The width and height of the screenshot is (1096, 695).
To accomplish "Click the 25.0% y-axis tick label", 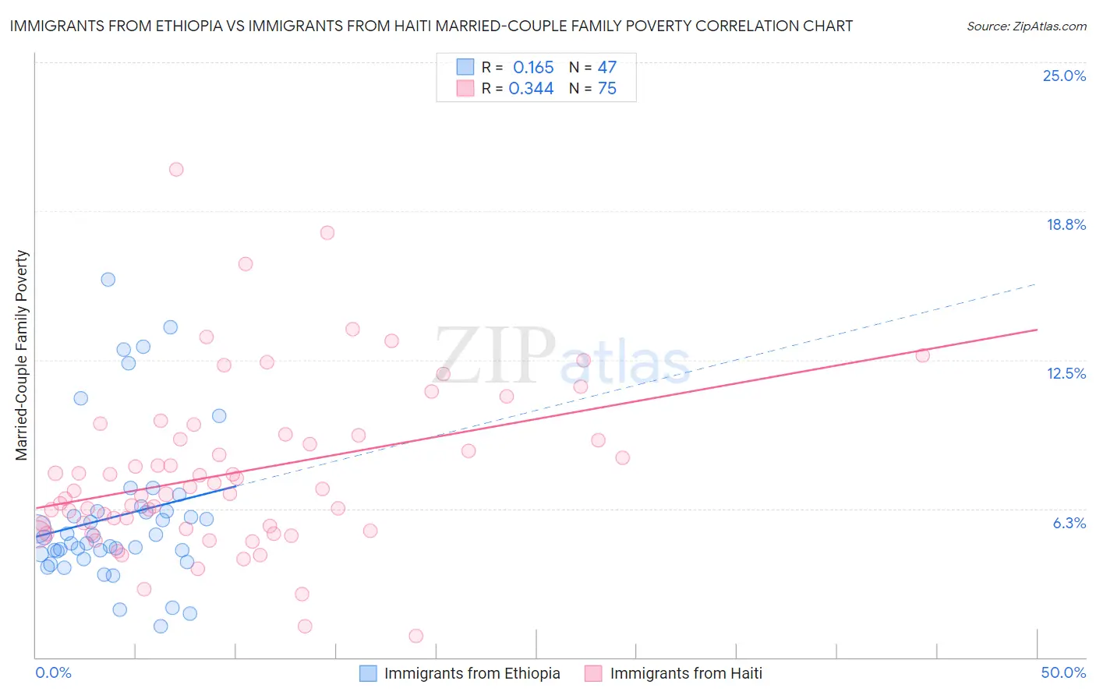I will pos(1064,76).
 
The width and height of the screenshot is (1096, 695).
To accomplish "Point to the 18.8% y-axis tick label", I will pos(1066,224).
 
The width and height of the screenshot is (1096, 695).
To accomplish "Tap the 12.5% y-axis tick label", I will pos(1066,373).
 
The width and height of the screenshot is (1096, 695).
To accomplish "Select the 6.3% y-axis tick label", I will pos(1069,523).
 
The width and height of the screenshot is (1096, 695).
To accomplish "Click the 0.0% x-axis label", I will pos(53,672).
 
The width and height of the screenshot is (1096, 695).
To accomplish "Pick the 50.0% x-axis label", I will pos(1063,672).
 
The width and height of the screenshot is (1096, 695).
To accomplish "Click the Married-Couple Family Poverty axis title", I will pos(22,355).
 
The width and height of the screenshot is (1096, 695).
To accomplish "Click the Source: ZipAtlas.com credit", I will pos(1026,26).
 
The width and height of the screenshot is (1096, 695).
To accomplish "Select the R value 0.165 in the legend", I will pos(533,68).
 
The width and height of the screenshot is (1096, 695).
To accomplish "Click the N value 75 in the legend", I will pos(606,89).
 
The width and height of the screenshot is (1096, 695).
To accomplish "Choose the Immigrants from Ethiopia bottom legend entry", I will pos(460,673).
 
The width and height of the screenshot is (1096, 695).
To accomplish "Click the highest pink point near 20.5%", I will pos(176,169).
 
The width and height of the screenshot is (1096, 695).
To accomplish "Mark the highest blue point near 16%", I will pos(108,279).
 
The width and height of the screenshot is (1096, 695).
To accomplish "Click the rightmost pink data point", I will pos(922,355).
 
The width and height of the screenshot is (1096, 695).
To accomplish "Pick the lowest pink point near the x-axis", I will pos(415,636).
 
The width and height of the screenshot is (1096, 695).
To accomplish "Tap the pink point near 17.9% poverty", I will pos(327,233).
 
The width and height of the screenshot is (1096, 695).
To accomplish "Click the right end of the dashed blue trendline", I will pos(1036,284).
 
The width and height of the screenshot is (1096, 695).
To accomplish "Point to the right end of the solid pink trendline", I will pos(1038,330).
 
